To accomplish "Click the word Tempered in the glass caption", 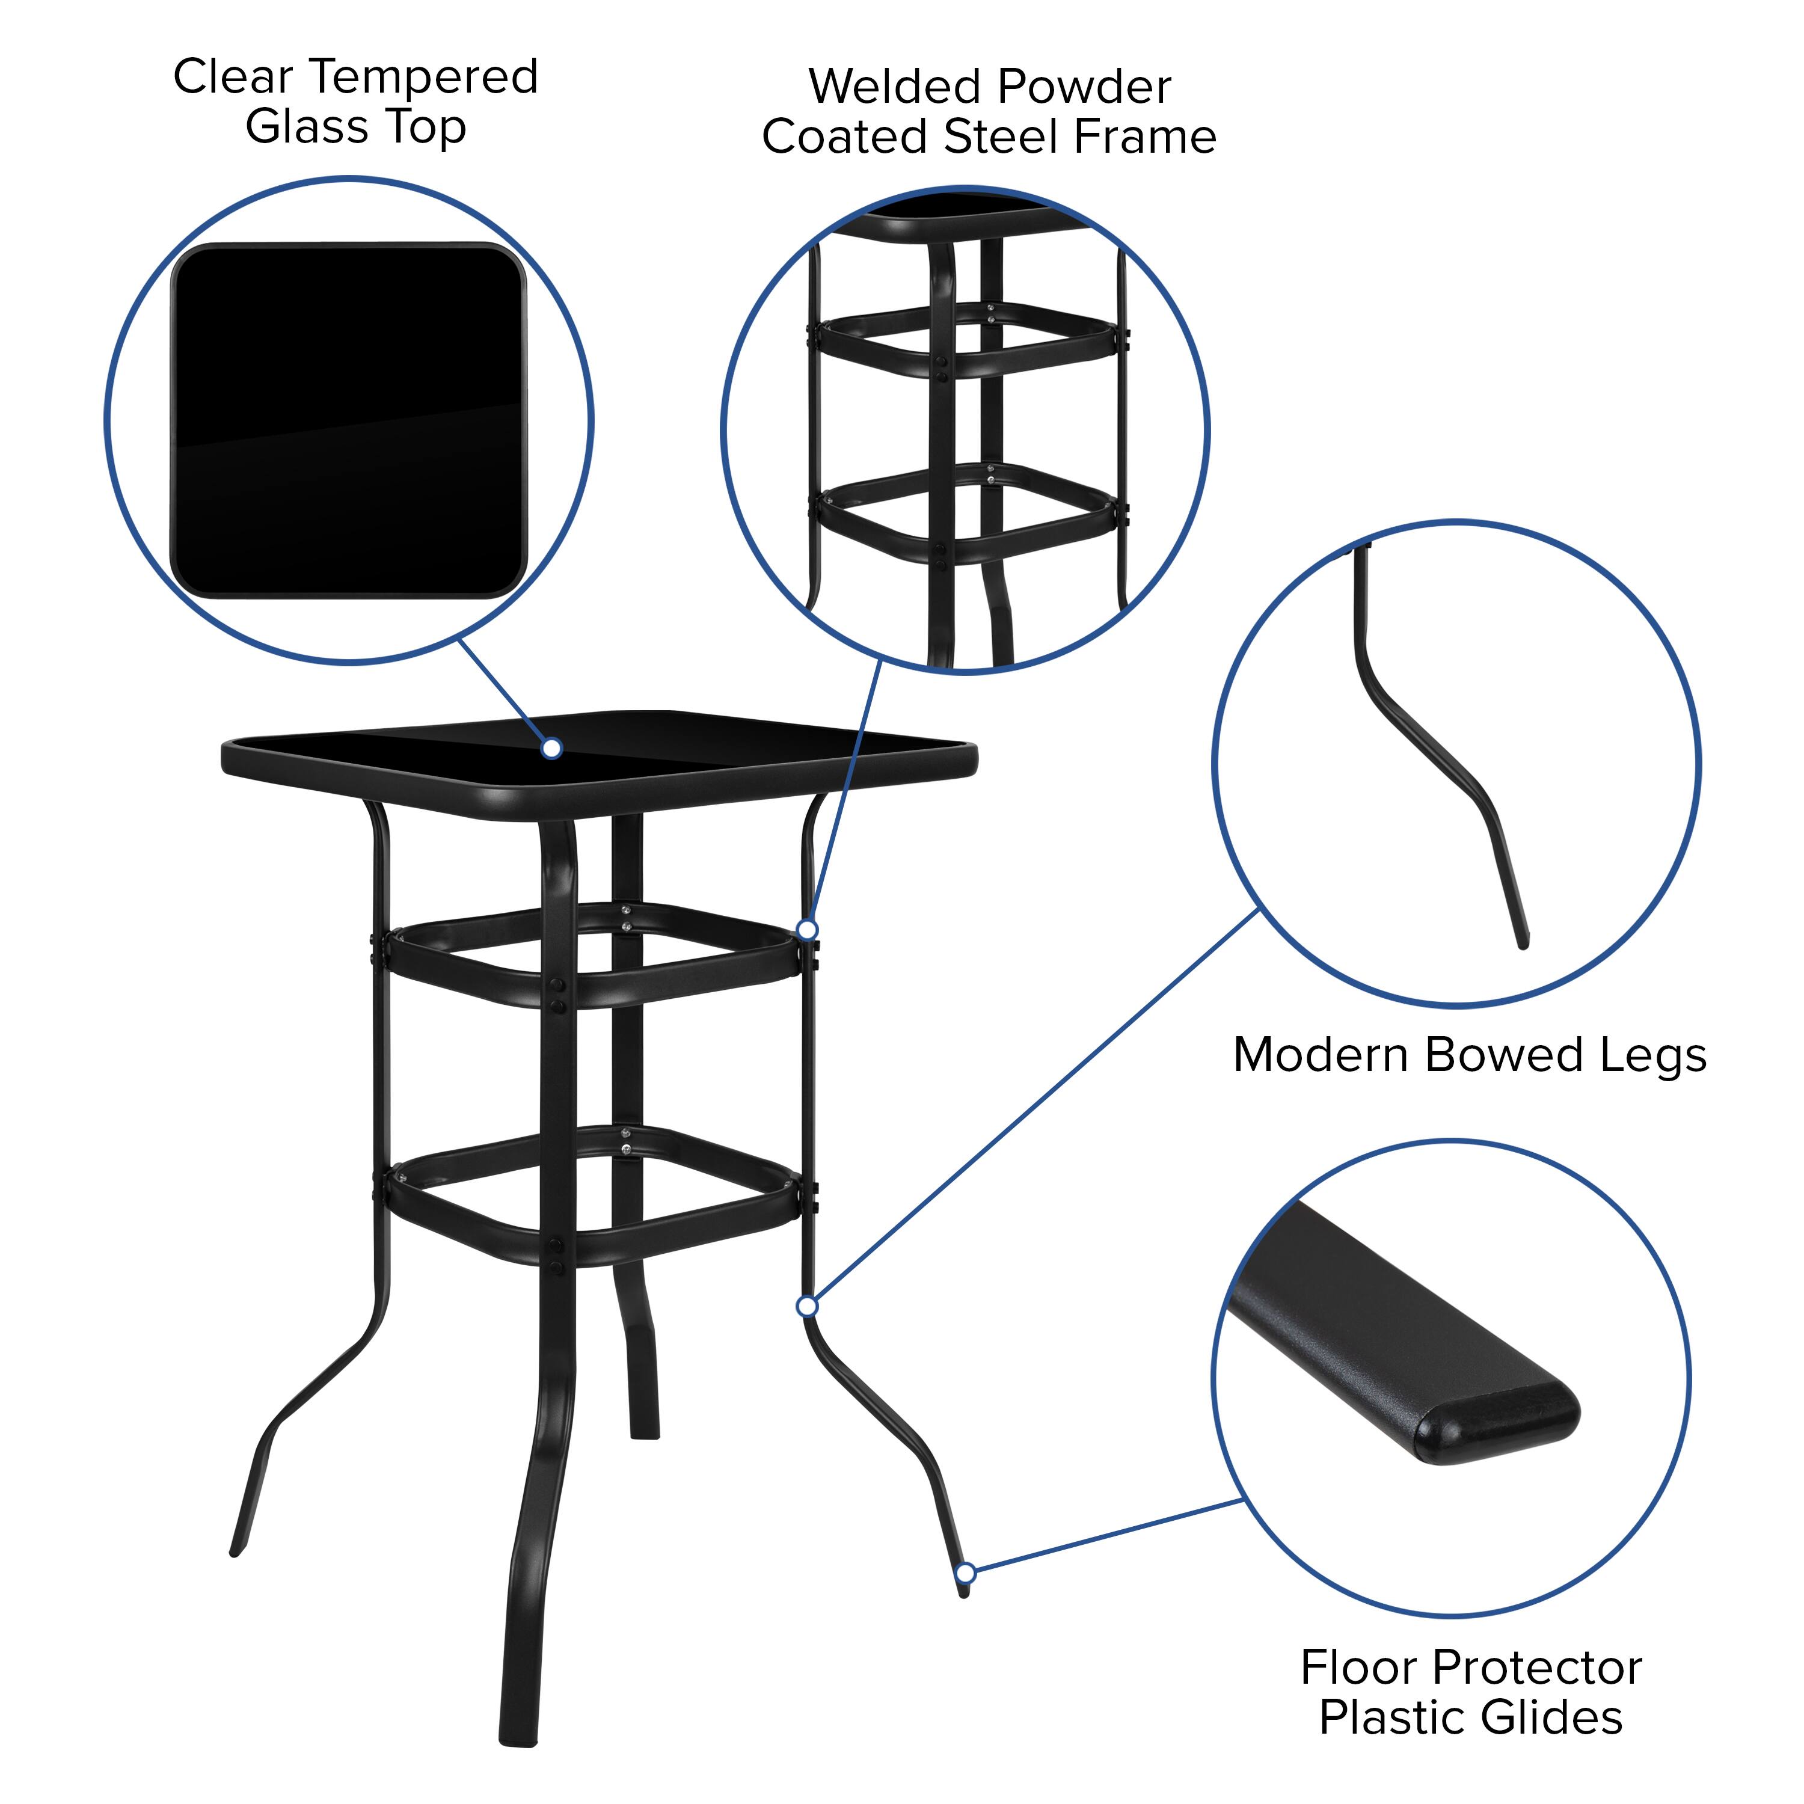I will (425, 76).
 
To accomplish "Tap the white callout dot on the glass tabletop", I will (552, 748).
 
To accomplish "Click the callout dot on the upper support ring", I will (808, 929).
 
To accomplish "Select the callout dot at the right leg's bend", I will (808, 1305).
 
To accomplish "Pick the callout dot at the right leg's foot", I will (966, 1573).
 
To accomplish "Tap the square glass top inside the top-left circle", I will (348, 420).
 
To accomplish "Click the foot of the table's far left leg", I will (236, 1550).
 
